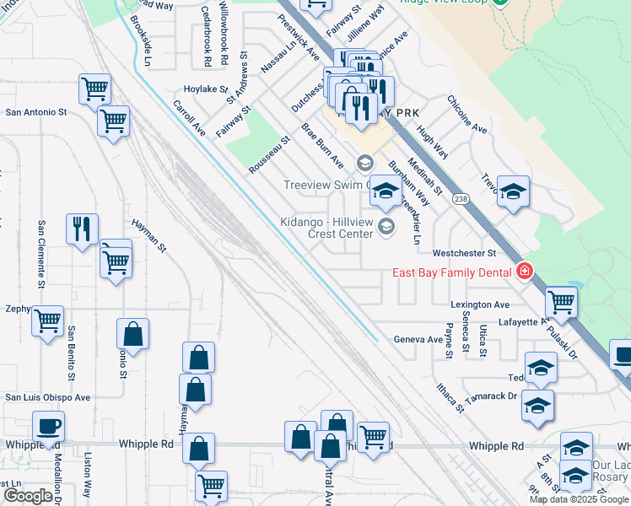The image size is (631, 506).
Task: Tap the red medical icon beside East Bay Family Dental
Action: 525,271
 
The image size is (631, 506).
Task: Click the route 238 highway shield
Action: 460,199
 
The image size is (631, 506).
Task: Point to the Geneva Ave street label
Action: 418,340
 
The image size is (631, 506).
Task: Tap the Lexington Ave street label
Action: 480,304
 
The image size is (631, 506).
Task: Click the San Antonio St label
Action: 36,112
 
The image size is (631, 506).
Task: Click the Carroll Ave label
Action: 190,119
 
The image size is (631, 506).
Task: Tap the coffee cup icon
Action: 49,426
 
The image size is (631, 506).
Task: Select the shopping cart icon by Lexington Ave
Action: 560,301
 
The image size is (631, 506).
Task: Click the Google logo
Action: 28,496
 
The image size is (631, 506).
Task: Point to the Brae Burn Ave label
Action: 323,144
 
